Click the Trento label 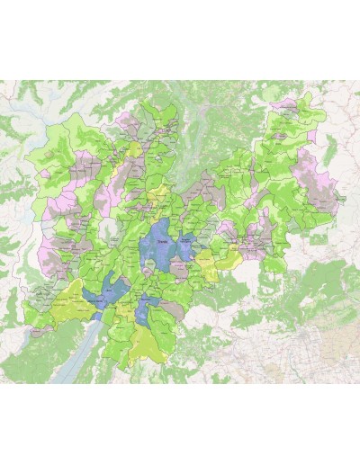(x=163, y=241)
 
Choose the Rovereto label (x=150, y=310)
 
